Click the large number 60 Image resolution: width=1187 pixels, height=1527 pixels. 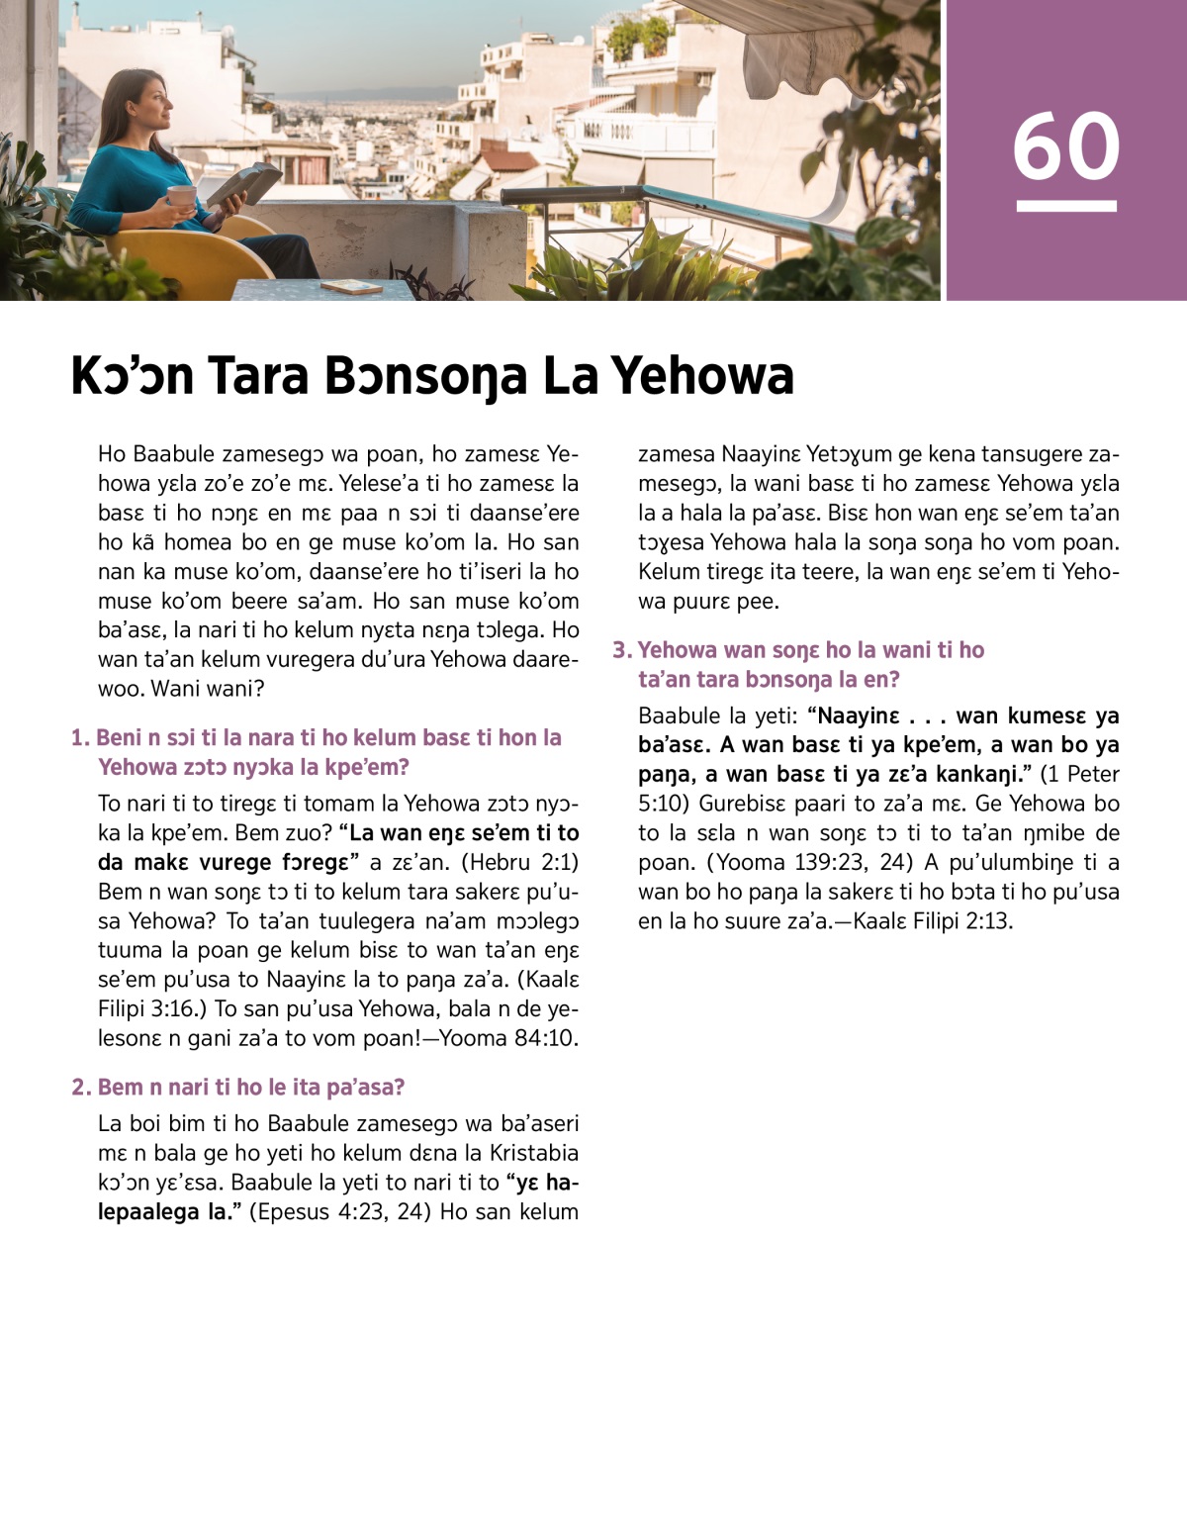[x=1065, y=146]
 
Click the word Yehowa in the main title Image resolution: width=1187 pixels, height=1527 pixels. [x=701, y=376]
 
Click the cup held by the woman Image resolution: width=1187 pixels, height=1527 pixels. [x=181, y=196]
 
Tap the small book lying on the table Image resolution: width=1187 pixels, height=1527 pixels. [x=352, y=286]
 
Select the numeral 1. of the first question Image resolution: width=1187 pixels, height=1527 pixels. [x=80, y=738]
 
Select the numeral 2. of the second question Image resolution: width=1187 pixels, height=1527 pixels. [x=81, y=1088]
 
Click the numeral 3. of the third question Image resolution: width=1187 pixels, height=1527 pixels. [x=621, y=650]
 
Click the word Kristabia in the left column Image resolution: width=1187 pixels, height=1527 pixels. [x=519, y=1153]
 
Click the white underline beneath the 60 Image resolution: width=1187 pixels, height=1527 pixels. [x=1065, y=206]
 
